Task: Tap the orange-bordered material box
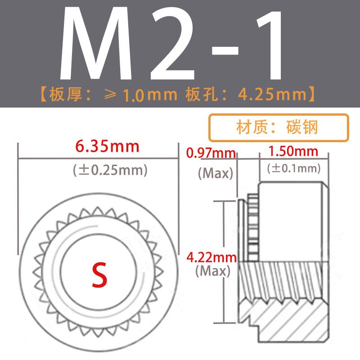279,127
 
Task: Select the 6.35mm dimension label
108,146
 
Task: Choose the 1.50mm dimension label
293,151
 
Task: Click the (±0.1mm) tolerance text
294,169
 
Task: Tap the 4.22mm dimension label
211,258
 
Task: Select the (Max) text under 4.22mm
213,271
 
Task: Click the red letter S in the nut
99,274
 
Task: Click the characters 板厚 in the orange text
67,95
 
